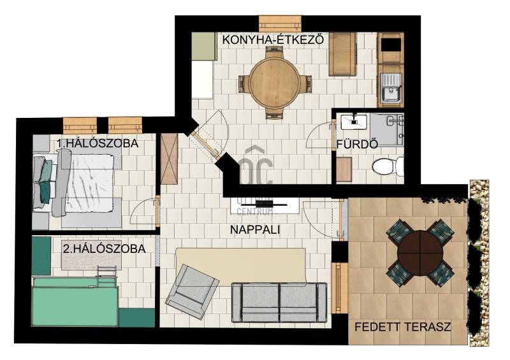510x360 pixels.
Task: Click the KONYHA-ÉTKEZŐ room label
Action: [273, 40]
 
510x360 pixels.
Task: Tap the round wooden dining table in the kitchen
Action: [275, 83]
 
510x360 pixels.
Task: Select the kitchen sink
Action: [390, 87]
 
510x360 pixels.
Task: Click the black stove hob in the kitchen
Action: [391, 45]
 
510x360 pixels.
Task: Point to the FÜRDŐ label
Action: [357, 145]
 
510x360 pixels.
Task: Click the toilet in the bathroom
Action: [388, 166]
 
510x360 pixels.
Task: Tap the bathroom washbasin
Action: [354, 122]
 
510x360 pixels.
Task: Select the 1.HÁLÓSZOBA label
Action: [98, 143]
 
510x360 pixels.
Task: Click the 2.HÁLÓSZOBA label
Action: [104, 248]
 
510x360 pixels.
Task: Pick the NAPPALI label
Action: [255, 229]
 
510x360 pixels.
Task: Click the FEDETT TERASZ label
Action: [403, 327]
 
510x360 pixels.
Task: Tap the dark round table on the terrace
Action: [420, 253]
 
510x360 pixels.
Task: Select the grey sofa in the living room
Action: [279, 303]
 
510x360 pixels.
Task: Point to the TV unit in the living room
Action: [265, 205]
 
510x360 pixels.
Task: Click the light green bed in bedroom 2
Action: [75, 301]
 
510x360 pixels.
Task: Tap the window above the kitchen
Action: [280, 24]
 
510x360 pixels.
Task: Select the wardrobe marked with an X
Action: [170, 159]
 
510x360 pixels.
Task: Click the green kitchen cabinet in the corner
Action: [204, 46]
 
